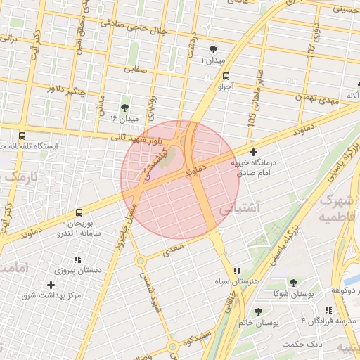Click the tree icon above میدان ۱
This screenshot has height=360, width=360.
coord(213,49)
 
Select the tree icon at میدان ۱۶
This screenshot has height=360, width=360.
coord(124,108)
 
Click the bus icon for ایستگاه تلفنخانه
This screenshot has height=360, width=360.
coord(22,136)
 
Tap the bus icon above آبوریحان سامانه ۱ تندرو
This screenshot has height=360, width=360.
coord(79,212)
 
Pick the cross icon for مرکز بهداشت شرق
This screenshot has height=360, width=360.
coord(50,285)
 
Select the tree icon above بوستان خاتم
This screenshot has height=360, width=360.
coord(259,310)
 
